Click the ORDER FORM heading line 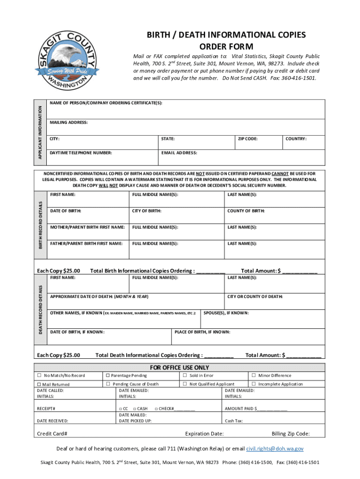pos(226,46)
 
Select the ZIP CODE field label pos(248,139)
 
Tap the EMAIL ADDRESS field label pos(179,153)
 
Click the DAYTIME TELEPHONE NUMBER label pos(81,153)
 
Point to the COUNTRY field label pos(297,139)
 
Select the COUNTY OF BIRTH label pos(246,211)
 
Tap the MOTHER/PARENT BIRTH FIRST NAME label pos(87,227)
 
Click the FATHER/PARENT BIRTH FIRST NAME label pos(86,244)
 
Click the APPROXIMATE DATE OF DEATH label pos(99,297)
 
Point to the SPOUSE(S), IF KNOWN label pos(226,313)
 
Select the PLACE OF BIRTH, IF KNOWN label pos(202,332)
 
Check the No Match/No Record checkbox pos(39,376)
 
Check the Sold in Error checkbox pos(185,375)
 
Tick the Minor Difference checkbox pos(254,375)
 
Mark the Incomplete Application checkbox pos(254,384)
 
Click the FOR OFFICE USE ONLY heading pos(180,368)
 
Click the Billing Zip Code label pos(290,434)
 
